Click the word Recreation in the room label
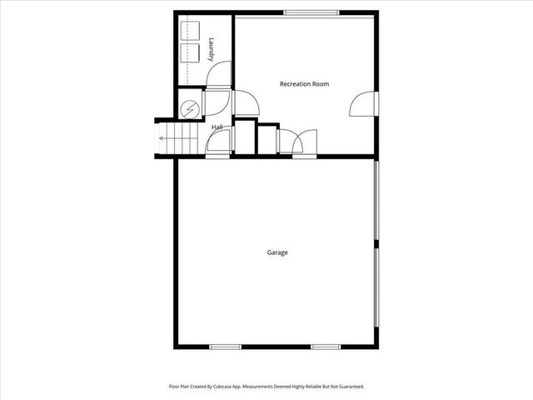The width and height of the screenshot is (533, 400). [293, 84]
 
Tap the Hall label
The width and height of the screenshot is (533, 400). [217, 127]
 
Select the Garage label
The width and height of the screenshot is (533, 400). [277, 252]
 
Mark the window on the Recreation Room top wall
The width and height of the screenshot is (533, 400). [311, 12]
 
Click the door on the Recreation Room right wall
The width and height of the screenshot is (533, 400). [363, 104]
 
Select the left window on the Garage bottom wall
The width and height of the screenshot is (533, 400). [225, 347]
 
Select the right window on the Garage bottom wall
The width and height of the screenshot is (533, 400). [326, 347]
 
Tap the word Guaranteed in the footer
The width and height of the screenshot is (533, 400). [350, 387]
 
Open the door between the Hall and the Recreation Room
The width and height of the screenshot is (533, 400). [245, 103]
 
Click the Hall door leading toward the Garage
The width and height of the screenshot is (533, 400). [218, 143]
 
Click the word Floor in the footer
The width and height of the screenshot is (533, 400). [175, 387]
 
